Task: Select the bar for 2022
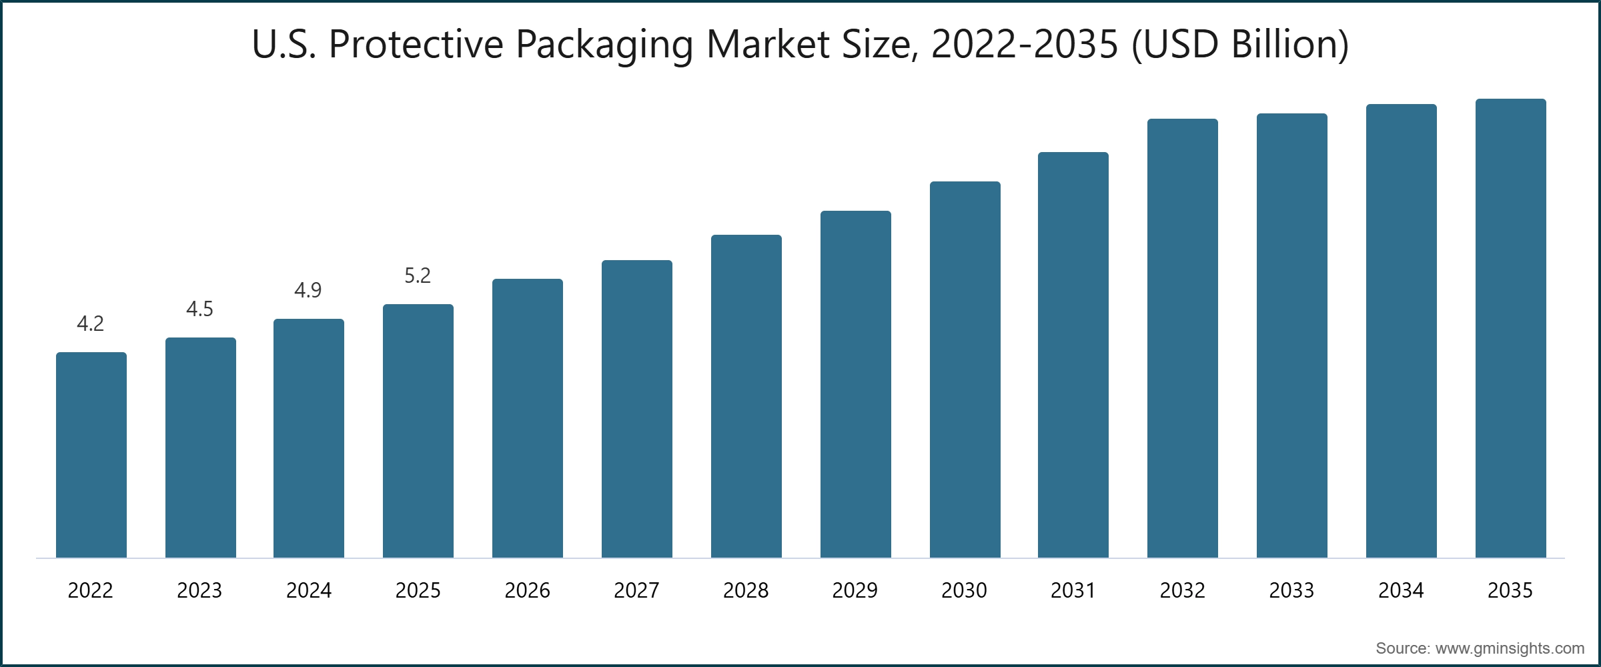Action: pos(91,455)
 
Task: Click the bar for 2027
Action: pos(637,409)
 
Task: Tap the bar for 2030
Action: pos(965,370)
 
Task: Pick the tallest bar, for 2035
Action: pos(1511,328)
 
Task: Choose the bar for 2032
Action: pos(1183,338)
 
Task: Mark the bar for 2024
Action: pos(309,438)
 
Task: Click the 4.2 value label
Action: pos(91,324)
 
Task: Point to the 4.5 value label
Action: pos(199,309)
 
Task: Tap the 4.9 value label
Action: pos(308,291)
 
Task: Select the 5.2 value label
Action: pos(418,276)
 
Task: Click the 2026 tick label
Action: pos(527,591)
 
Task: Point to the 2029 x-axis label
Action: pos(855,591)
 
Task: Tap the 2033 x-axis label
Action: pos(1291,591)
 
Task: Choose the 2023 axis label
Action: pos(199,591)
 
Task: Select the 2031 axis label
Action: pos(1073,591)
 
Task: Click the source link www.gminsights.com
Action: pos(1510,648)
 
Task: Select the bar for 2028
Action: pos(746,396)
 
